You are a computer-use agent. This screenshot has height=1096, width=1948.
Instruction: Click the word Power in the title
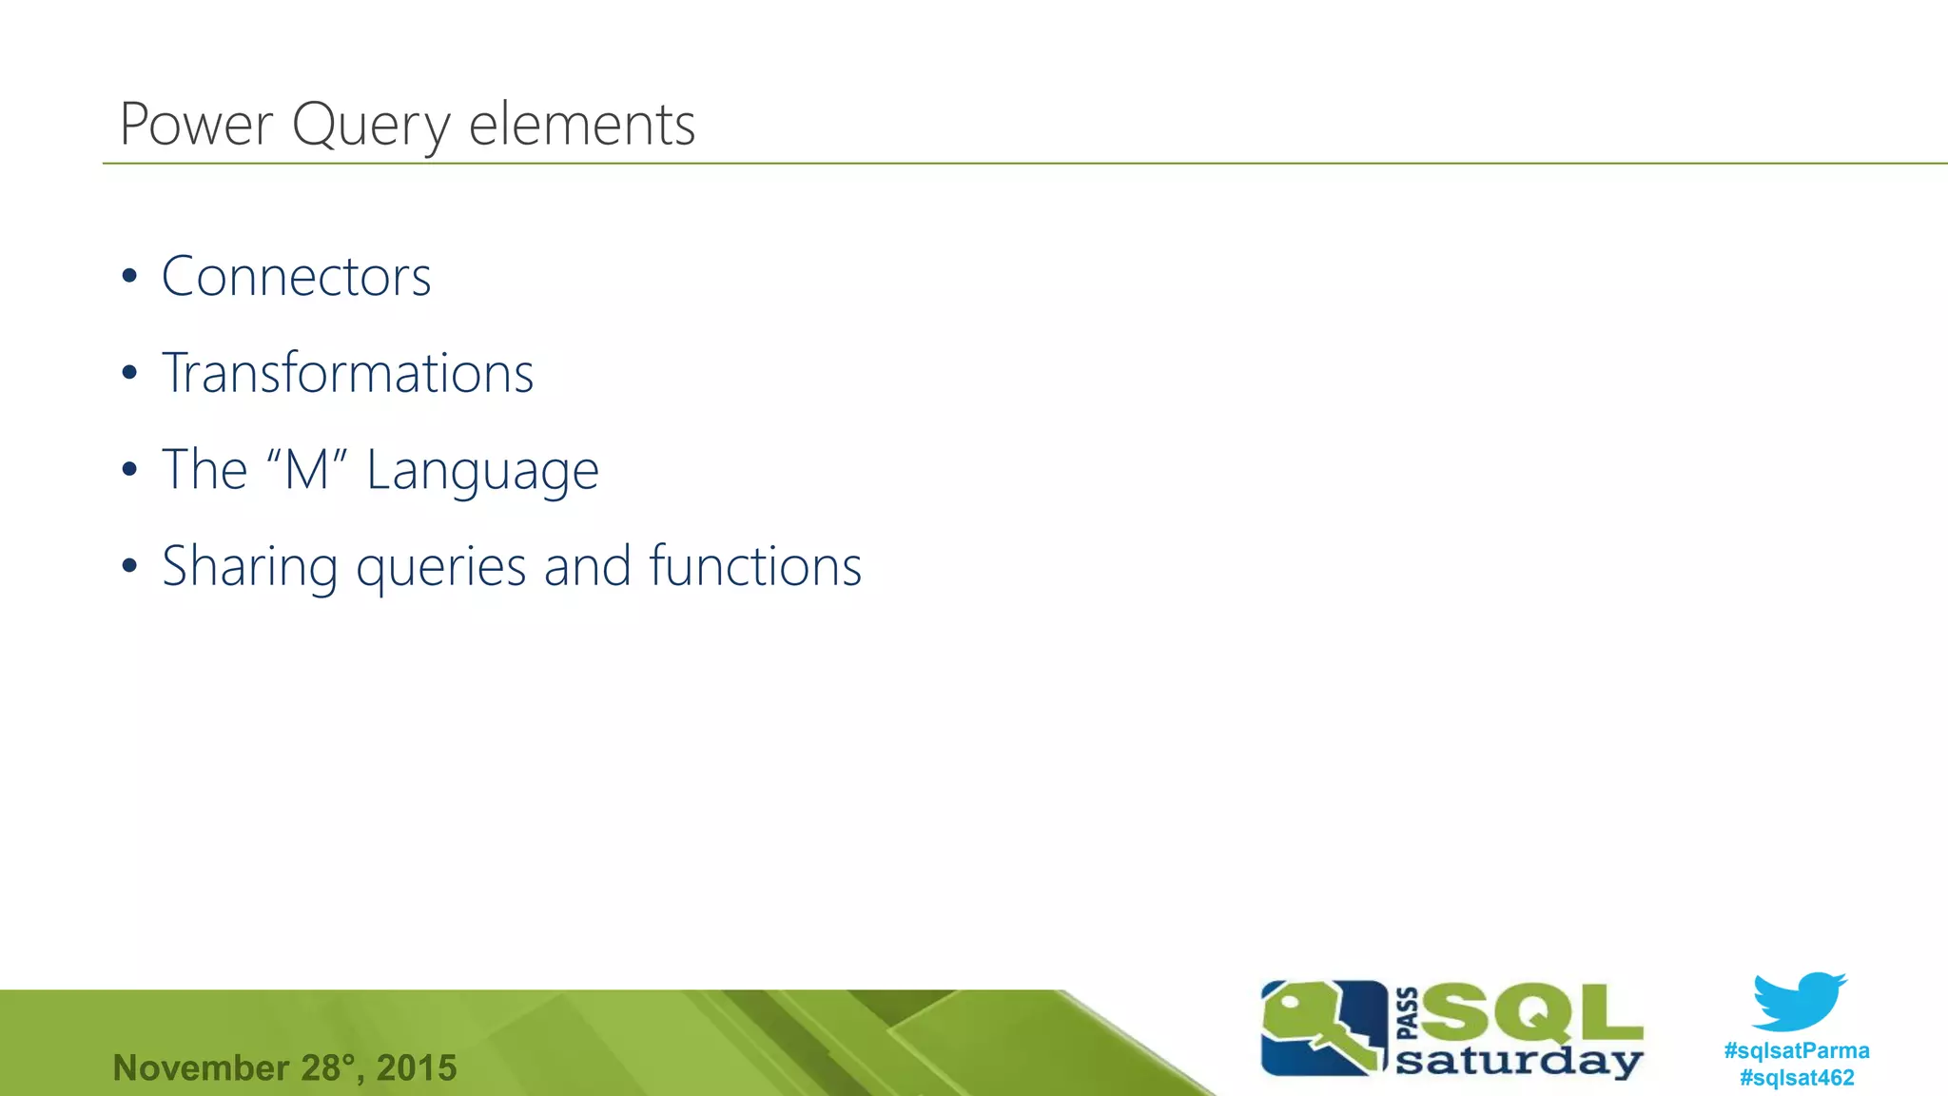click(x=197, y=125)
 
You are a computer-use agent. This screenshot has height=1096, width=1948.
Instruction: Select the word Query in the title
click(x=371, y=127)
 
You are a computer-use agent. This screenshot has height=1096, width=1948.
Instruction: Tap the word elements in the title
click(x=582, y=125)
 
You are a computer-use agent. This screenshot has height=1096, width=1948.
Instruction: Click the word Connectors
click(x=296, y=277)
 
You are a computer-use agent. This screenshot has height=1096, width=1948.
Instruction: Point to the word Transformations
click(x=347, y=373)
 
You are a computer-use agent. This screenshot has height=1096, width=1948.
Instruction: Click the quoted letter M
click(x=306, y=470)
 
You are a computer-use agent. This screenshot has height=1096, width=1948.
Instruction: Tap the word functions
click(x=755, y=566)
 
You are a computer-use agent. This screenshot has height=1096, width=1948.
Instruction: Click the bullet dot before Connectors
click(x=129, y=278)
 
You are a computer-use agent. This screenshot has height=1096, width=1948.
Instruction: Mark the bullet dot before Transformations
click(x=129, y=374)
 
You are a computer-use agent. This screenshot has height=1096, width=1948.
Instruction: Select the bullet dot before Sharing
click(x=129, y=567)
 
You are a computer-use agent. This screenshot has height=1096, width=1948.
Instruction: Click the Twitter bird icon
click(x=1798, y=1001)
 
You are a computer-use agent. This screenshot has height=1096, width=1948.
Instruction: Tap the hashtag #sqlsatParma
click(x=1796, y=1051)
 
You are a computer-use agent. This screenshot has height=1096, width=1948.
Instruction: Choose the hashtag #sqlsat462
click(x=1796, y=1078)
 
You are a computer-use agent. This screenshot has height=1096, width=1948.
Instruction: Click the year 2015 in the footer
click(x=417, y=1068)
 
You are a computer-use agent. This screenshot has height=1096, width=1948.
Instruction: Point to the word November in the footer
click(x=201, y=1068)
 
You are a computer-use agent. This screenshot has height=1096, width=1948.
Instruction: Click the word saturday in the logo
click(x=1518, y=1061)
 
